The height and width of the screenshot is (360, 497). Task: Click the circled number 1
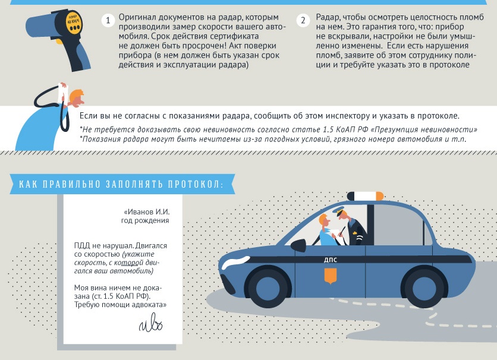click(x=108, y=20)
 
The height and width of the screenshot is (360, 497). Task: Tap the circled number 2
click(x=303, y=20)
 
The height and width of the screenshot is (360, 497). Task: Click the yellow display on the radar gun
click(x=74, y=22)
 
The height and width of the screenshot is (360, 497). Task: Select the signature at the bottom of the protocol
click(x=151, y=323)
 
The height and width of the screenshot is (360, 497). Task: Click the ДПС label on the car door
click(x=331, y=260)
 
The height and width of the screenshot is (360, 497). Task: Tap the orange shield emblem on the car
click(x=331, y=276)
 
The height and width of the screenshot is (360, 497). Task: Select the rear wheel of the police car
click(x=422, y=287)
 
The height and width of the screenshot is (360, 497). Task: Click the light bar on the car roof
click(x=365, y=196)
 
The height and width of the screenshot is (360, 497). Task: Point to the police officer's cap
click(x=338, y=210)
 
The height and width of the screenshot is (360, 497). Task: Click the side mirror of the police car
click(x=298, y=246)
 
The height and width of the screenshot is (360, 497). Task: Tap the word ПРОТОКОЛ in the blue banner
click(x=196, y=184)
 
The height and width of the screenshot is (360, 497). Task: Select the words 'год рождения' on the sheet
click(x=145, y=220)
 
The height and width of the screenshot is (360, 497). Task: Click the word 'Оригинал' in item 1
click(x=137, y=17)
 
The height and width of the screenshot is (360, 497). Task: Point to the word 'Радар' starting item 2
click(x=328, y=18)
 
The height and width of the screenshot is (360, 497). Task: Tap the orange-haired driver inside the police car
click(x=327, y=231)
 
